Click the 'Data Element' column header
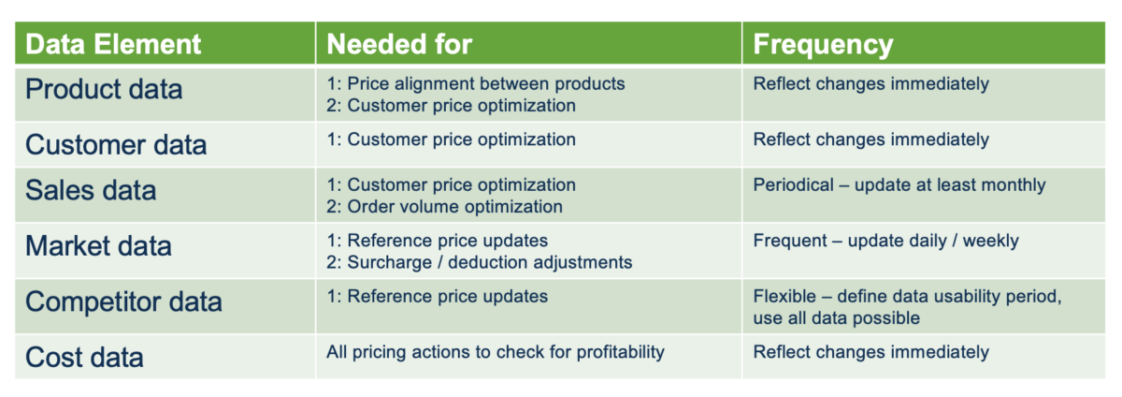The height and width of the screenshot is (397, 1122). [x=113, y=44]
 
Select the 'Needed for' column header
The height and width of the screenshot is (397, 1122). [x=399, y=44]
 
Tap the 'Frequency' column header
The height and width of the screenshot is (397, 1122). [x=823, y=44]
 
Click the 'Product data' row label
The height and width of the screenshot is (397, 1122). [x=104, y=90]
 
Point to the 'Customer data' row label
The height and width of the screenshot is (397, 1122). [x=116, y=145]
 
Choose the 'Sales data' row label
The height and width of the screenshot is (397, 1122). [x=91, y=191]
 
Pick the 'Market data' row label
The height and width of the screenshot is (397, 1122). [x=98, y=246]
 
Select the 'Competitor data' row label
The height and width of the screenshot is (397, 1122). [x=123, y=301]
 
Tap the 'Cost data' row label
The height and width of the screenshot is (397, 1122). [x=84, y=357]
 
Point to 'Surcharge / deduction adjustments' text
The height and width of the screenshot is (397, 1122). [x=479, y=262]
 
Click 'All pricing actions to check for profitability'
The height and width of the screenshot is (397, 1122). [x=495, y=352]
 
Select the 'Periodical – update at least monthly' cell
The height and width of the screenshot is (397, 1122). [x=899, y=184]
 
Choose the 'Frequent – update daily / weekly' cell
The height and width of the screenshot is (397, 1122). [x=885, y=241]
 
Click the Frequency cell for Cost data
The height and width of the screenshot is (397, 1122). [x=870, y=352]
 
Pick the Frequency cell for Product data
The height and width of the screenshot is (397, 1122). [x=870, y=83]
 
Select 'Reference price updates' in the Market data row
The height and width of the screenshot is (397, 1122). [x=447, y=241]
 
